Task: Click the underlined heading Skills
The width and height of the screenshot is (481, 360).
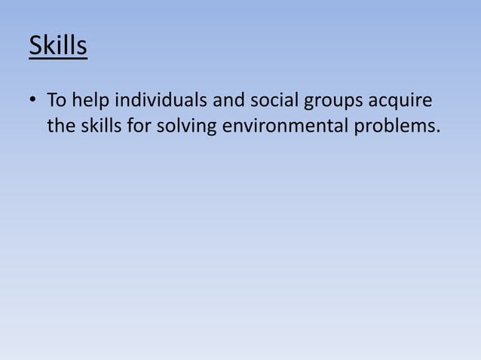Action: [58, 46]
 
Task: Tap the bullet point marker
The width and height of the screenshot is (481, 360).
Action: [34, 100]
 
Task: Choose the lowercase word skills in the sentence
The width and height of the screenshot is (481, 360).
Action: [99, 125]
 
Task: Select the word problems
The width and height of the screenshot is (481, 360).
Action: [394, 126]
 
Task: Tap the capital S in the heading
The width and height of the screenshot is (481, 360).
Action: [36, 46]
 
